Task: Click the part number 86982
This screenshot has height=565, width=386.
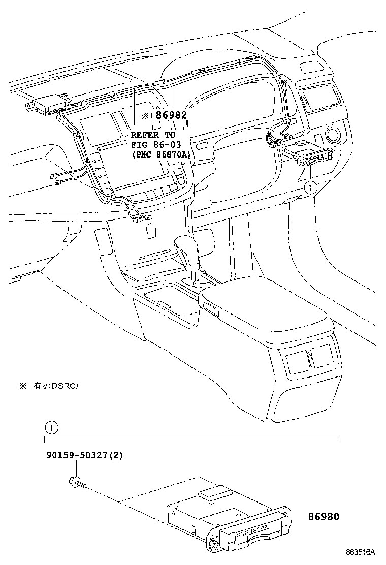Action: pyautogui.click(x=169, y=116)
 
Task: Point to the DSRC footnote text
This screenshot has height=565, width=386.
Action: pyautogui.click(x=49, y=386)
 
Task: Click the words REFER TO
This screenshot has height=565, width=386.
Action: pyautogui.click(x=153, y=135)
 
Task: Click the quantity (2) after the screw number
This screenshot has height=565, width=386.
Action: pyautogui.click(x=116, y=455)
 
